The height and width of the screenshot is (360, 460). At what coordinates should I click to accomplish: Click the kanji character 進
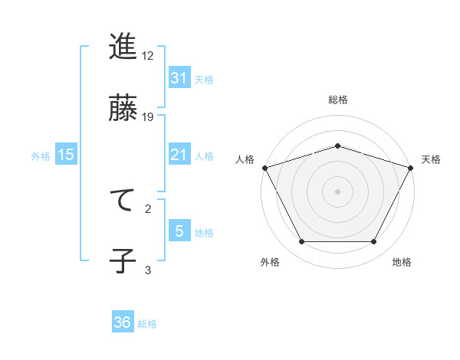(123, 47)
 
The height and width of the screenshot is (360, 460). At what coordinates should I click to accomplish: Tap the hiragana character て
(123, 200)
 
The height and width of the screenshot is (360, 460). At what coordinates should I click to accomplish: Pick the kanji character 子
(123, 260)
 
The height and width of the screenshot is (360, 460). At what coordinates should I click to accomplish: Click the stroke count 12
(149, 56)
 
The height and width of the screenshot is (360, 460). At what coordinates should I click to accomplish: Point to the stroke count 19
(149, 116)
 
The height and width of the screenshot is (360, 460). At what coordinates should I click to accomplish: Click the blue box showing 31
(179, 77)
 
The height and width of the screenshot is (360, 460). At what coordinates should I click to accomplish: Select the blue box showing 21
(179, 155)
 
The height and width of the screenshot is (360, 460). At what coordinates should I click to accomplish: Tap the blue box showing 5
(179, 231)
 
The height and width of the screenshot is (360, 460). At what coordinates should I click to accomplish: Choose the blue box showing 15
(66, 155)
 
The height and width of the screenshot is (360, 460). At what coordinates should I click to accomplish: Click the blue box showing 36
(123, 322)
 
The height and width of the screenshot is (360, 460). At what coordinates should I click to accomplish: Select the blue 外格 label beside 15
(41, 155)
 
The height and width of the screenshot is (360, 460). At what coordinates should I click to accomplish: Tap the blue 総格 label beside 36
(147, 324)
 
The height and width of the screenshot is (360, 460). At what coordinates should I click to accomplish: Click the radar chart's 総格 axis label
(337, 100)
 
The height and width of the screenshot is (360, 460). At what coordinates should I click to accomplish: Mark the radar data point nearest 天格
(412, 167)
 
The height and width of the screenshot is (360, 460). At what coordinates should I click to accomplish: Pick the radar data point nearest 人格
(264, 167)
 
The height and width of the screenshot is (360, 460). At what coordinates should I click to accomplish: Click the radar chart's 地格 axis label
(402, 262)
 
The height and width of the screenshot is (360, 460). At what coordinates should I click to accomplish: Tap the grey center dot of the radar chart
(337, 191)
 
